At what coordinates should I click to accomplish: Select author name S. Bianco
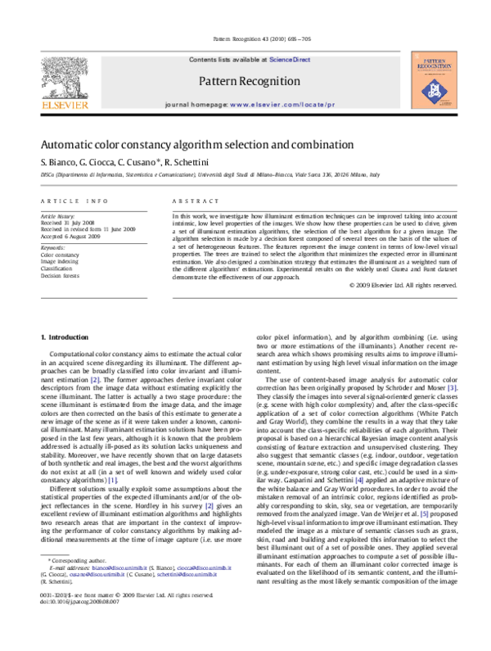coord(59,160)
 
